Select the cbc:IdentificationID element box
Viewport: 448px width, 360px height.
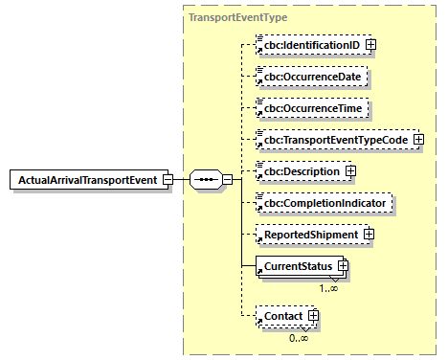tap(309, 44)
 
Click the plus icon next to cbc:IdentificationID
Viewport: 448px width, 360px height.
tap(370, 44)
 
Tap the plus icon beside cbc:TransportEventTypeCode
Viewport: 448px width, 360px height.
tap(418, 140)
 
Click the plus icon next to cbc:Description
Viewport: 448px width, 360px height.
tap(349, 171)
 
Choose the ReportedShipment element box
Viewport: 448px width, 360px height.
tap(306, 235)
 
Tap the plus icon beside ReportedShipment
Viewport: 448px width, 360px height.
tap(368, 235)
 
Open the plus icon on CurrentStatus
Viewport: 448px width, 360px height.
tap(341, 265)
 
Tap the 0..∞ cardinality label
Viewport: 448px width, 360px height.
tap(300, 337)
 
